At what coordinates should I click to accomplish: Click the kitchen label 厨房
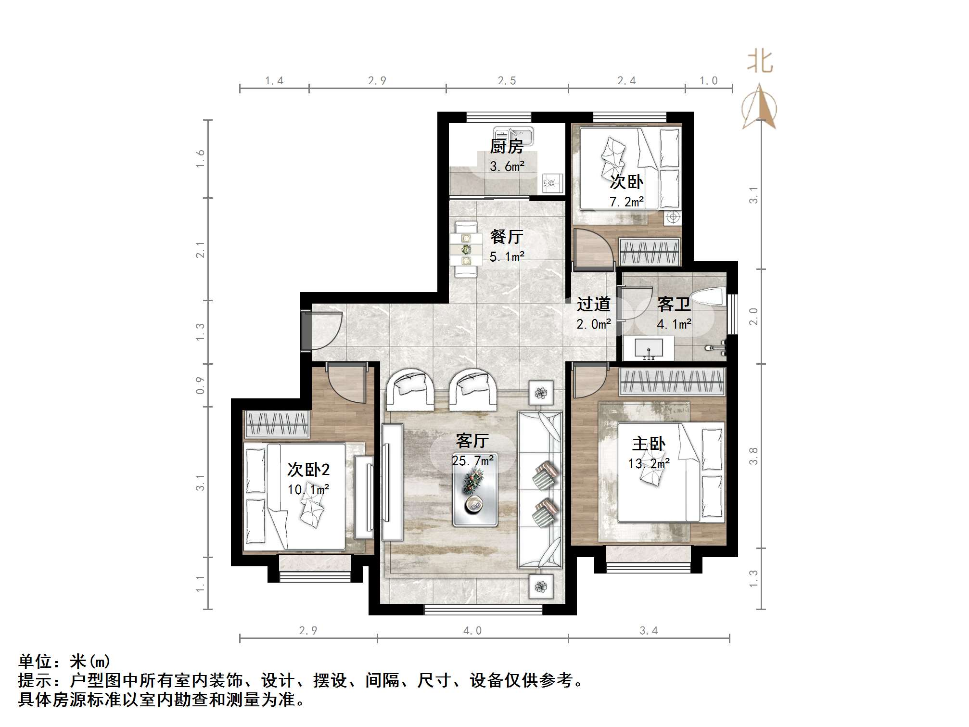506,146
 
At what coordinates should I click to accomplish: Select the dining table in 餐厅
466,249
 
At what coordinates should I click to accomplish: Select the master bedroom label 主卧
649,444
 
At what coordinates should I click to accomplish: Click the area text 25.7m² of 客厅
473,461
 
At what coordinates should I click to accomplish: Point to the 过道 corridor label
593,304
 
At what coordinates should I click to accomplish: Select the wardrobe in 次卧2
277,424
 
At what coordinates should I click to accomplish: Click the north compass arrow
759,107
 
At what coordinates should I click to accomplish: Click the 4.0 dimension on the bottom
472,631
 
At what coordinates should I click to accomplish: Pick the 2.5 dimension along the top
507,81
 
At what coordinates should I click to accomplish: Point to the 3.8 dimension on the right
753,456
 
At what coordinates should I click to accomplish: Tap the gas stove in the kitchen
552,183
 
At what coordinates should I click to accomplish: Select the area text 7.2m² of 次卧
626,202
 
